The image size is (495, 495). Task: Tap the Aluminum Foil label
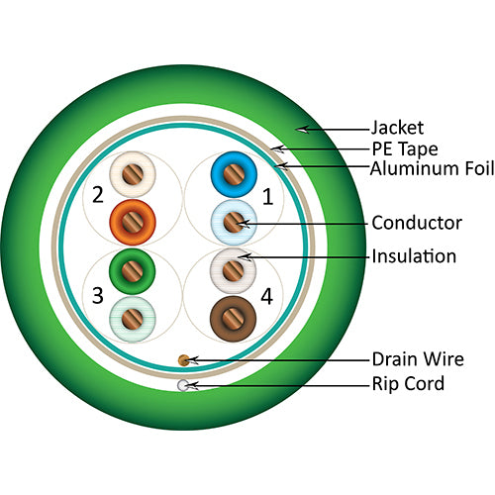[432, 168]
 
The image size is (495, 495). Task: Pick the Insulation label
[413, 256]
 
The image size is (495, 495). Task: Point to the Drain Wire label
[417, 358]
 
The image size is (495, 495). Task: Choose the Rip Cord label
[409, 384]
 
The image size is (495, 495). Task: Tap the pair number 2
[97, 194]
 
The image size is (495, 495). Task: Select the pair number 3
[97, 295]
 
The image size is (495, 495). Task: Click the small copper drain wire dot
[183, 358]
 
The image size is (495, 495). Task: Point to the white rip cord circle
[182, 385]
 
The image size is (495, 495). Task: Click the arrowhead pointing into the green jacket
[303, 128]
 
